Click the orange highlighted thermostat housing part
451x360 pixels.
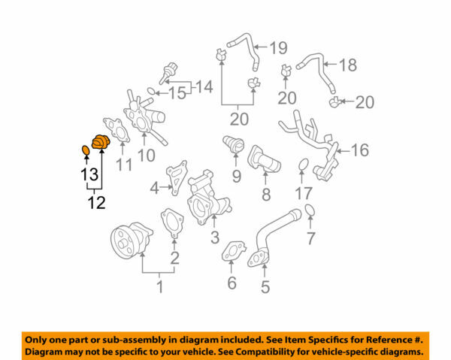click(x=100, y=143)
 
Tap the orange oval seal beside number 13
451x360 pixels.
click(x=86, y=152)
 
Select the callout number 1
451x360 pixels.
click(x=159, y=286)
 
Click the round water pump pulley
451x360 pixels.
click(x=125, y=242)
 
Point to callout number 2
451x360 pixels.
click(x=174, y=259)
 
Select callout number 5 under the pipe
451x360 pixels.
click(x=265, y=286)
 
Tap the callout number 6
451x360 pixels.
click(x=232, y=283)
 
